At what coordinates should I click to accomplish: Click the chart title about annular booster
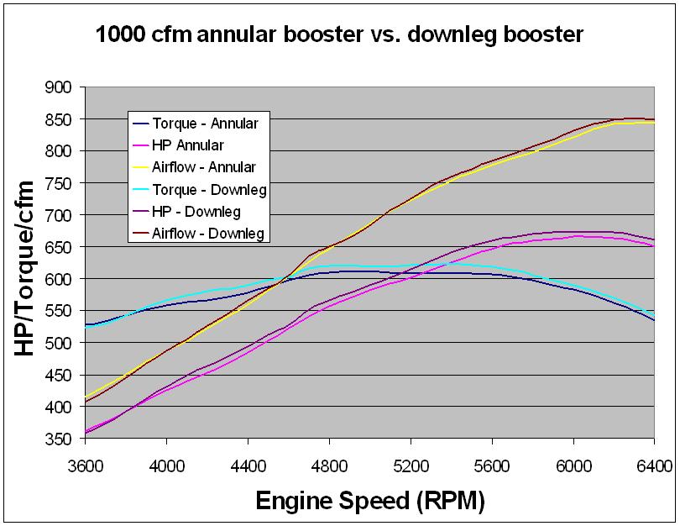pyautogui.click(x=339, y=35)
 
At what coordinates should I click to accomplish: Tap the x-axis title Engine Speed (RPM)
pyautogui.click(x=369, y=502)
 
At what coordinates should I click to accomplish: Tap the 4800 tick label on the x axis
pyautogui.click(x=329, y=462)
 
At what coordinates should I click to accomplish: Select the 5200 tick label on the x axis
pyautogui.click(x=411, y=462)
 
